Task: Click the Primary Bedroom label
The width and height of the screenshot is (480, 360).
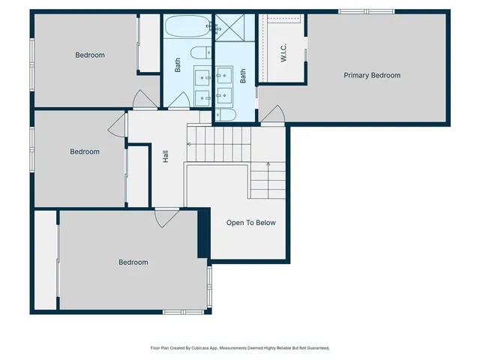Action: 371,75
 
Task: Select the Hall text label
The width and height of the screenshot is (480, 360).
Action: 166,157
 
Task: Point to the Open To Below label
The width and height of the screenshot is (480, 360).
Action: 251,223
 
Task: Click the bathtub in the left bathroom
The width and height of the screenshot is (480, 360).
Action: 187,28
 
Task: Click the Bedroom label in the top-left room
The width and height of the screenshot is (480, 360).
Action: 90,55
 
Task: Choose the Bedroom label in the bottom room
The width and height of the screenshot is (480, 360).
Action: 133,262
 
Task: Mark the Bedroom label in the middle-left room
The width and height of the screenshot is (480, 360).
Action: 85,151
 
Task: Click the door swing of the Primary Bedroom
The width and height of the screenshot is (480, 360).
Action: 273,115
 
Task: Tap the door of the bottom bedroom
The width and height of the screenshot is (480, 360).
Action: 166,217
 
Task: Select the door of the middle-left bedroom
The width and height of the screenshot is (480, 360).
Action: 118,125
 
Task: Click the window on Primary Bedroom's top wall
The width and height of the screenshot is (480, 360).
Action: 366,11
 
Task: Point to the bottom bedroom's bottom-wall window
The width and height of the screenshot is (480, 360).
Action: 184,311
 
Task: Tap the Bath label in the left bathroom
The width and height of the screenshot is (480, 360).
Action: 178,66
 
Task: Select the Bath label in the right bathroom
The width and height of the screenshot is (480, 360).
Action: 243,76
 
